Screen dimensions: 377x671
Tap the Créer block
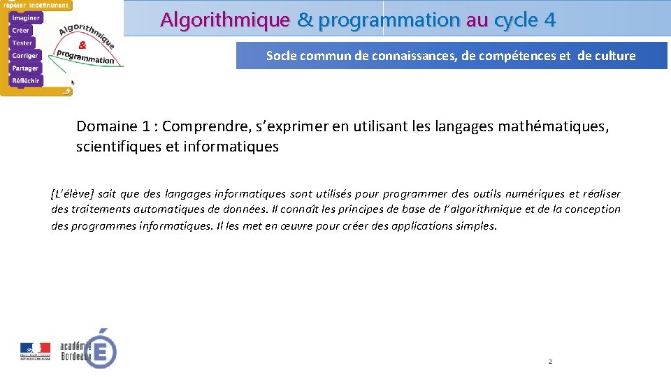coord(21,30)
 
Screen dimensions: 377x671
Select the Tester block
coord(22,43)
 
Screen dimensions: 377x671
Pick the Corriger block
coord(25,55)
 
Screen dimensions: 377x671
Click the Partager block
coord(25,68)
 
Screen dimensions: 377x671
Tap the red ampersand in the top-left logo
coord(82,43)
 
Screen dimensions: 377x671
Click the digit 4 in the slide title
coord(549,20)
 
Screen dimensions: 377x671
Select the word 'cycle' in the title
coord(516,20)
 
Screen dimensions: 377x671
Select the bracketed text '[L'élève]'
coord(73,194)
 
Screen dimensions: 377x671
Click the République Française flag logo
coord(35,350)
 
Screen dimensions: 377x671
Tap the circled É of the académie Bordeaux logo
coord(102,350)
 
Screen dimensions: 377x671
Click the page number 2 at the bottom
coord(550,362)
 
